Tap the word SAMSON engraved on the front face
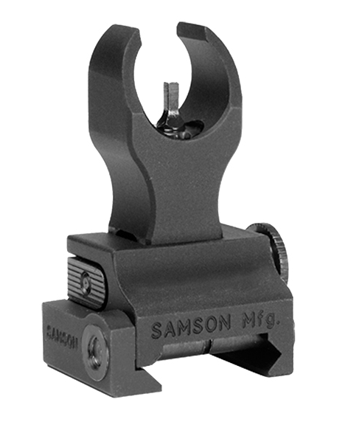coord(192,326)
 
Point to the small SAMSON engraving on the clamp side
coord(62,336)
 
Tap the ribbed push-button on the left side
coord(87,281)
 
